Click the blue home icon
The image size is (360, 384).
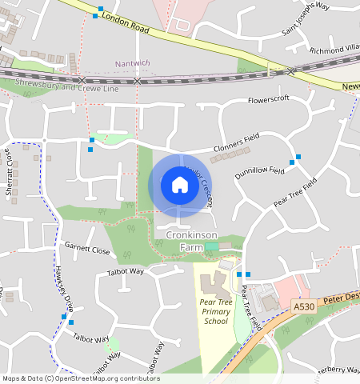tap(180, 186)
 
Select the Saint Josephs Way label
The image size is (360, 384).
tap(306, 20)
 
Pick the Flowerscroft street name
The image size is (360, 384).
tap(268, 100)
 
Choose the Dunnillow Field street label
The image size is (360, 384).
tap(260, 171)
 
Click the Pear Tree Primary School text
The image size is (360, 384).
tap(215, 310)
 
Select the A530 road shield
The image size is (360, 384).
tap(303, 307)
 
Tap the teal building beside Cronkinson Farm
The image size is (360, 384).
tap(211, 248)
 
